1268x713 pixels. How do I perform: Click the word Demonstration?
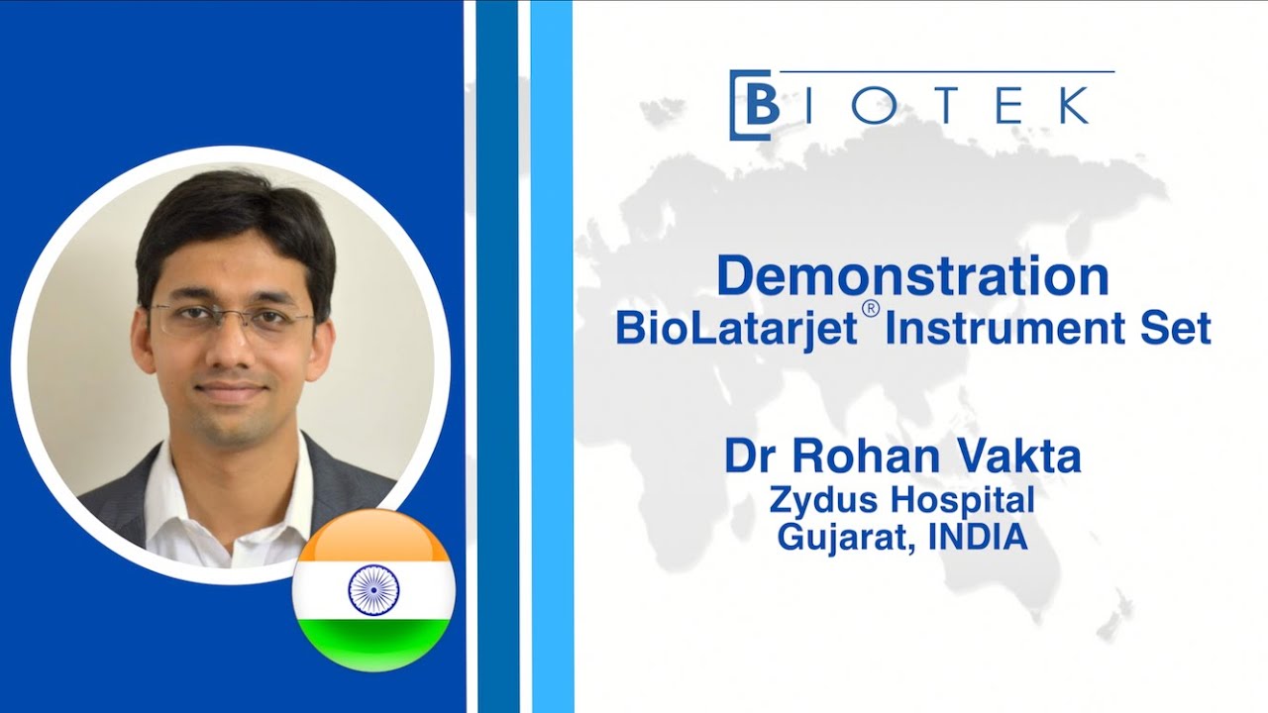912,276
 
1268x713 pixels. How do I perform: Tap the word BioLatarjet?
735,328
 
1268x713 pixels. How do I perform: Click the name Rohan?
852,456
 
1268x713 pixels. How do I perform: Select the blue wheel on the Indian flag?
373,589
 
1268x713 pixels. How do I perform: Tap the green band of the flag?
373,644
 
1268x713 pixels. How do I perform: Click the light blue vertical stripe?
551,356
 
